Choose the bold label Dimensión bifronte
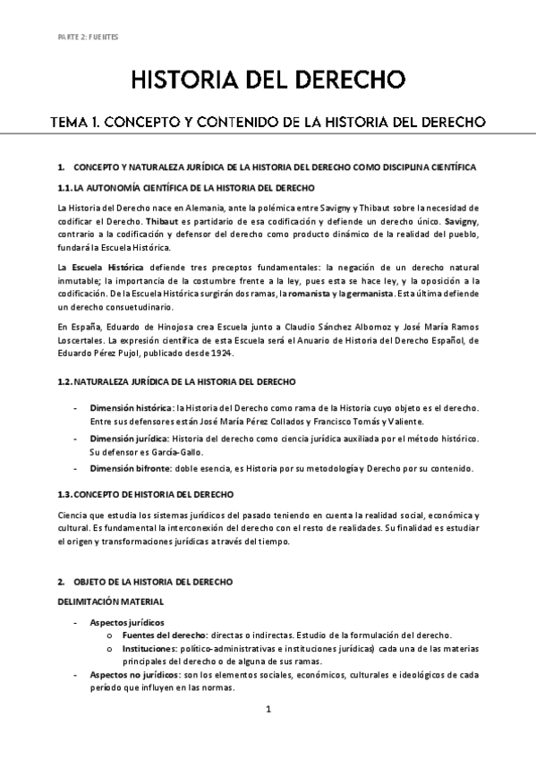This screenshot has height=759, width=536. (130, 468)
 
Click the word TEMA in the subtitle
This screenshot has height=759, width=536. (74, 121)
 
